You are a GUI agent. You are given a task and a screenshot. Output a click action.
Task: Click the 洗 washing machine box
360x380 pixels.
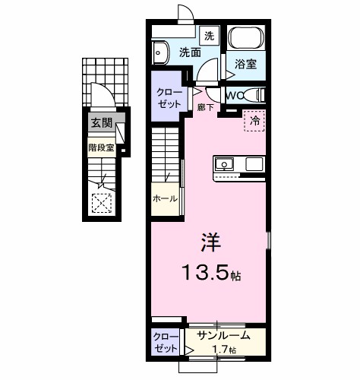pos(210,35)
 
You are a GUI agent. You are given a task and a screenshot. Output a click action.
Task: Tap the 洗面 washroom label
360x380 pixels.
pos(190,53)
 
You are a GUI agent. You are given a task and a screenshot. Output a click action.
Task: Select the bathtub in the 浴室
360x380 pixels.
pos(246,39)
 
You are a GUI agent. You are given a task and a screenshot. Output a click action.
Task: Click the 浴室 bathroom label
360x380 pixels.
pos(245,65)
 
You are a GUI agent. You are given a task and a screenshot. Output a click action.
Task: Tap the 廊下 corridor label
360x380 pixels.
pos(205,109)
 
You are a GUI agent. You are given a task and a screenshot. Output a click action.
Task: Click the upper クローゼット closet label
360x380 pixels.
pos(168,97)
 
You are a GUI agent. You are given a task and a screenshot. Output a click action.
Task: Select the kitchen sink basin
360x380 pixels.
pos(226,163)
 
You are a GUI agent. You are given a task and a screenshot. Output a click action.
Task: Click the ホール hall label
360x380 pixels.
pos(165,198)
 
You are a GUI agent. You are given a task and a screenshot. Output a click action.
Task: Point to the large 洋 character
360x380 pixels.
pos(210,245)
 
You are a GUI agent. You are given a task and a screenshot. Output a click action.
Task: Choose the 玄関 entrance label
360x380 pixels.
pos(101,122)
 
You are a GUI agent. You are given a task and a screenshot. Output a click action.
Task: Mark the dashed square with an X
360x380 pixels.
pos(101,202)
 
